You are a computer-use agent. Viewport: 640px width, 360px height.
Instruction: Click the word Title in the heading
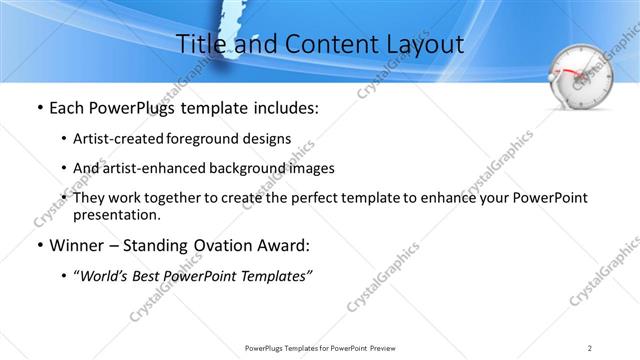(198, 44)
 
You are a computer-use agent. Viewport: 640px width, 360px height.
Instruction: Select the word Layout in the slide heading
(425, 44)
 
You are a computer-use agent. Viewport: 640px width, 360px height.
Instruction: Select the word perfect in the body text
(298, 198)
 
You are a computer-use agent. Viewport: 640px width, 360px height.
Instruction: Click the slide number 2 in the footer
(590, 347)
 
